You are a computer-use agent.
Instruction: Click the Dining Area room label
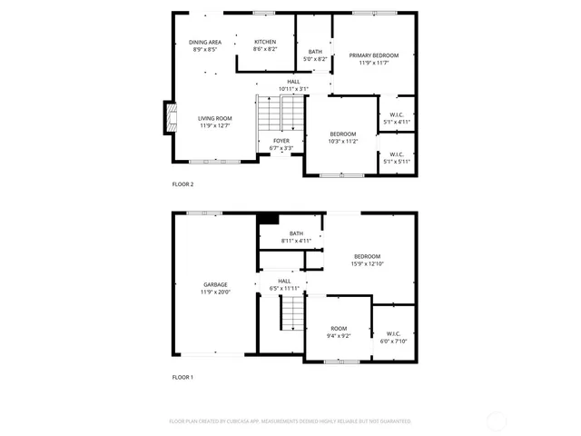(205, 43)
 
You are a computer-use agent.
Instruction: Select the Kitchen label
(265, 43)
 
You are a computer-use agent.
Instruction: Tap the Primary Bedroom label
(374, 55)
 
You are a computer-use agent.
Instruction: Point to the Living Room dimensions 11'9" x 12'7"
(216, 126)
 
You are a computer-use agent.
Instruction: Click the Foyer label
(281, 141)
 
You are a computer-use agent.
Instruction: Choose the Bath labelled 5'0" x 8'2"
(315, 55)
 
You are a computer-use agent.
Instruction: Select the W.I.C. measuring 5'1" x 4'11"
(397, 117)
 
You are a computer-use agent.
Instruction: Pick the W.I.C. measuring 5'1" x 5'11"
(397, 158)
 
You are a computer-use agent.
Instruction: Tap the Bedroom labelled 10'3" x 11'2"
(342, 137)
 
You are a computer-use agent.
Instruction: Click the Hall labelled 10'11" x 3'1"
(293, 85)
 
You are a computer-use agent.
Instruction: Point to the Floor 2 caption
(182, 184)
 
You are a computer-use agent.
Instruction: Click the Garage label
(215, 288)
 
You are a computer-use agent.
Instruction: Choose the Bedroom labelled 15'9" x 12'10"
(367, 260)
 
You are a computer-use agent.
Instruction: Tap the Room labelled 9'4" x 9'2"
(339, 332)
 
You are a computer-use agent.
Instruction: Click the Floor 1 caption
(182, 377)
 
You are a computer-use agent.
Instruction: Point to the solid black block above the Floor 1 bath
(268, 218)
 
